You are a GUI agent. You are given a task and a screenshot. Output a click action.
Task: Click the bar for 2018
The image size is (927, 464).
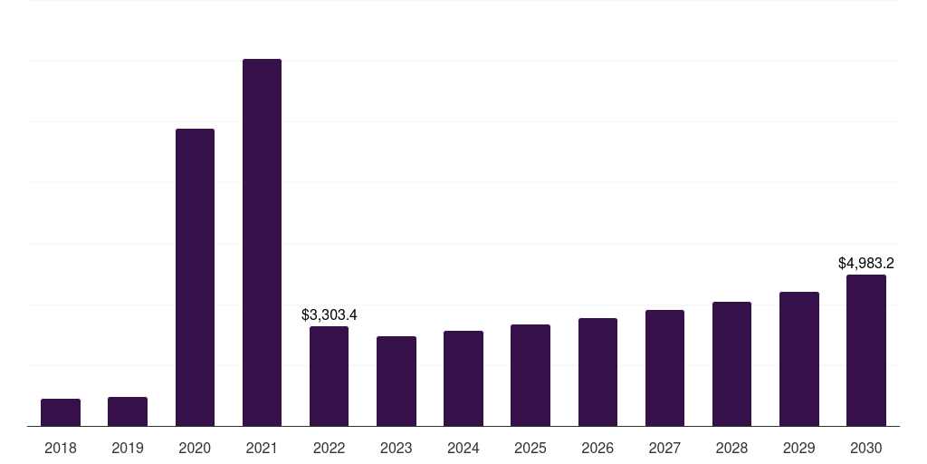pos(61,412)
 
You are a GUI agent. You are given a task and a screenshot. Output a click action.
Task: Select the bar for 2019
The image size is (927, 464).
pos(128,411)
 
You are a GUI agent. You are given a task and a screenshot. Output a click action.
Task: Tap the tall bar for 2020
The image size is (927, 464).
pos(195,277)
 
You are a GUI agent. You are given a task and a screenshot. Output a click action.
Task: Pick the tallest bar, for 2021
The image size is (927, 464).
pos(262,243)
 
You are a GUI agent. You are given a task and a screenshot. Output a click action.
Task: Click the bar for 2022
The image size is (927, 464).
pos(329,376)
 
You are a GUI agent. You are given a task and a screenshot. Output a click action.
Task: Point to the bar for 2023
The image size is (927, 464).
pos(397,381)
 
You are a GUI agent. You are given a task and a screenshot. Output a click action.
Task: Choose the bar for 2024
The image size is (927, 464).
pos(463,378)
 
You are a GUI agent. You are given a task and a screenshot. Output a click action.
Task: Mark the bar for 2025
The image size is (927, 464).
pos(530,375)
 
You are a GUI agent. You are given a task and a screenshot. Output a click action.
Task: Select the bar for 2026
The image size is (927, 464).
pos(597,372)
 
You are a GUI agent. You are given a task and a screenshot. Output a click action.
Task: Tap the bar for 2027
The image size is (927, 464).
pos(664,368)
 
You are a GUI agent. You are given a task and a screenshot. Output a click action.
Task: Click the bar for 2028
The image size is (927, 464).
pos(731,363)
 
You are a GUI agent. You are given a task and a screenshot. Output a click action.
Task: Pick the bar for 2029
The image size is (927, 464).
pos(799,359)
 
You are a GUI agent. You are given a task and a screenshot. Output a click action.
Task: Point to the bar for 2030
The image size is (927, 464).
pos(866,350)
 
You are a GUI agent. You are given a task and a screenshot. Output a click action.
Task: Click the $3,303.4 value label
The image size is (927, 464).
pos(330,315)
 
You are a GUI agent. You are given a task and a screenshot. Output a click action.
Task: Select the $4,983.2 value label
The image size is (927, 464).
pos(866,264)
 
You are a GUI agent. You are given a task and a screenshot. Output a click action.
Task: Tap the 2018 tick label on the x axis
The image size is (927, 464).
pos(61,448)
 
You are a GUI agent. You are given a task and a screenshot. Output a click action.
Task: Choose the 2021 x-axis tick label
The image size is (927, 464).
pos(262,448)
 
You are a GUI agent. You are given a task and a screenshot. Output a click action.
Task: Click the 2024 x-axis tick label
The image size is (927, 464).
pos(463,448)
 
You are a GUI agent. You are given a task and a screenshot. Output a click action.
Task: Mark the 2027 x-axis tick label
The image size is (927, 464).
pos(664,448)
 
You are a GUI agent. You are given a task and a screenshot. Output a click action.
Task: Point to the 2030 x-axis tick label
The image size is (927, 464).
pos(866,448)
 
